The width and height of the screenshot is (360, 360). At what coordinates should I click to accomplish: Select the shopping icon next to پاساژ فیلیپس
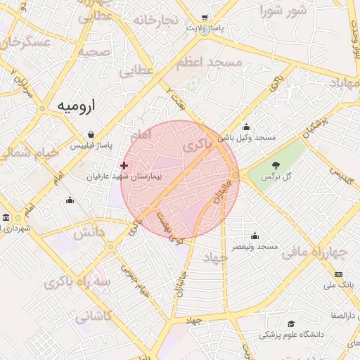pos(91,134)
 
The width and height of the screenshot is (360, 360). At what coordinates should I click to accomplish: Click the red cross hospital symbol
pos(124,165)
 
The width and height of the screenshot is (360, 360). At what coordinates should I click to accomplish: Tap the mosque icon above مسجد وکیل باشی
pos(246,127)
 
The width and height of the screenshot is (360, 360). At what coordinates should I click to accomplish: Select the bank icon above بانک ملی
pos(340,274)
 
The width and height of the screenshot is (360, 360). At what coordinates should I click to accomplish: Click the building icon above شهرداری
pos(6,218)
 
